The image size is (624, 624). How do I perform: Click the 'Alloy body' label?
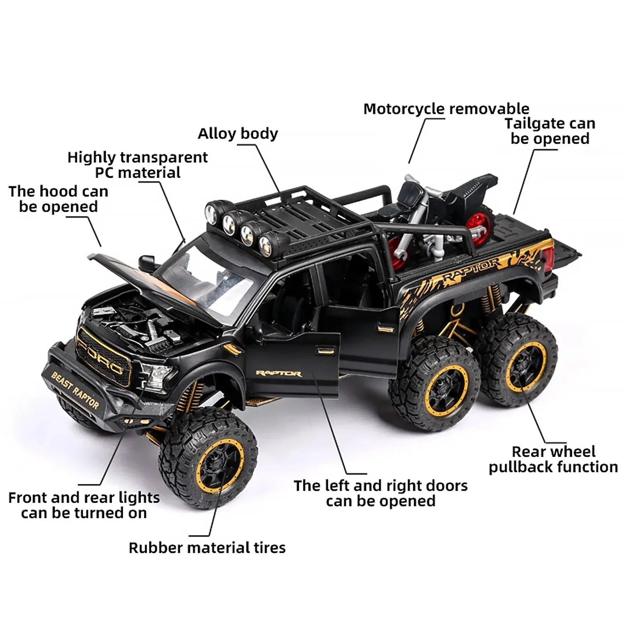[238, 133]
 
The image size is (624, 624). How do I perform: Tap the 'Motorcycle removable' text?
[446, 109]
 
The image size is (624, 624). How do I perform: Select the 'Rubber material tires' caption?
[207, 548]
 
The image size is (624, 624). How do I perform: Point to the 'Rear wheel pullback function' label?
[553, 459]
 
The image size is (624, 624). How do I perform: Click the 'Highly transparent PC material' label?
[137, 165]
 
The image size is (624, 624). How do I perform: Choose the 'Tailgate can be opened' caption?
[550, 131]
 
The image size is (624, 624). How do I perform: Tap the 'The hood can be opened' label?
[58, 199]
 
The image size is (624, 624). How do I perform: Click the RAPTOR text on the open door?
[278, 374]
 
